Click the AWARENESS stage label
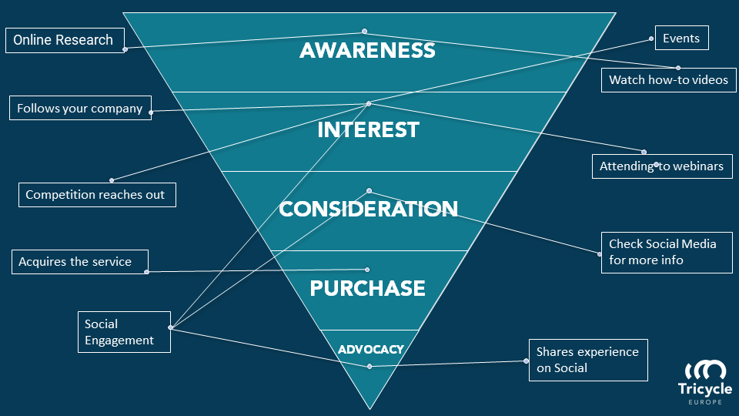pyautogui.click(x=368, y=51)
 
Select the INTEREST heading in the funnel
pyautogui.click(x=368, y=129)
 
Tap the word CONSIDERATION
pyautogui.click(x=369, y=209)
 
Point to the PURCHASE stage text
pyautogui.click(x=367, y=288)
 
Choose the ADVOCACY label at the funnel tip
pyautogui.click(x=370, y=349)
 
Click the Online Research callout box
pyautogui.click(x=63, y=40)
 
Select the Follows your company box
pyautogui.click(x=80, y=108)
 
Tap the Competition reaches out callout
pyautogui.click(x=95, y=194)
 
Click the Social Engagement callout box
pyautogui.click(x=124, y=332)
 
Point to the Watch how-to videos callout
pyautogui.click(x=668, y=79)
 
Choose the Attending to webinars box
pyautogui.click(x=661, y=166)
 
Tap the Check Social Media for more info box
pyautogui.click(x=666, y=252)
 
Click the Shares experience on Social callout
pyautogui.click(x=587, y=359)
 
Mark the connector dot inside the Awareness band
pyautogui.click(x=365, y=32)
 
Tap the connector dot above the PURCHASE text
pyautogui.click(x=367, y=270)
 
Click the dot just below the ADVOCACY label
pyautogui.click(x=369, y=366)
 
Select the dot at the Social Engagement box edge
pyautogui.click(x=170, y=328)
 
